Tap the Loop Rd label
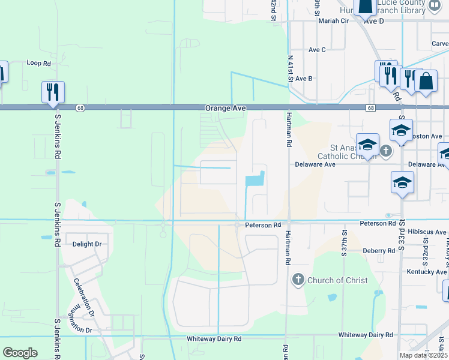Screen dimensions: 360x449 tap(38, 62)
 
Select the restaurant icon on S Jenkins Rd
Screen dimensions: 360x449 tap(53, 92)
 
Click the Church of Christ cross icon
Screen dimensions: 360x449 tap(298, 280)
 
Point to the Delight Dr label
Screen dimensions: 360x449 tap(87, 244)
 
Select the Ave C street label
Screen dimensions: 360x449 tap(316, 50)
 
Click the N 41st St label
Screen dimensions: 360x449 tap(290, 68)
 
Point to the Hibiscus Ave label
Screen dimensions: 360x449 tap(427, 232)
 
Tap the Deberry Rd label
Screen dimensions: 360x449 tap(379, 250)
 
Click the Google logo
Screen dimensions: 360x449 tap(20, 353)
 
